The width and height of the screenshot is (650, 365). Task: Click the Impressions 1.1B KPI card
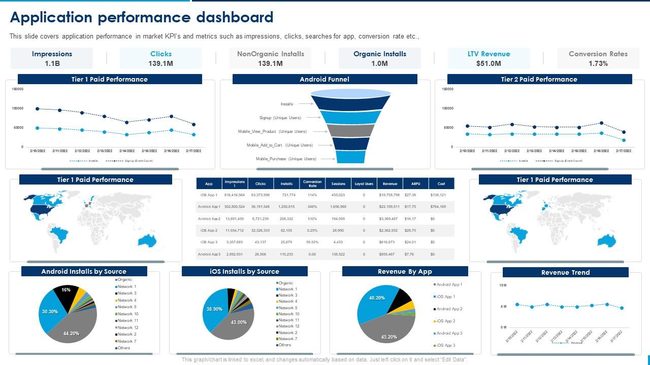pyautogui.click(x=52, y=58)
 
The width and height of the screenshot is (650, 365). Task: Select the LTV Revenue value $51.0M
pyautogui.click(x=489, y=63)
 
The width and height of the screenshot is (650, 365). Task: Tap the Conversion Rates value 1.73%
pyautogui.click(x=598, y=63)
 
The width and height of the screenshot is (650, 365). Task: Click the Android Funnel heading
pyautogui.click(x=324, y=79)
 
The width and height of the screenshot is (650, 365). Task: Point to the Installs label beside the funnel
pyautogui.click(x=287, y=104)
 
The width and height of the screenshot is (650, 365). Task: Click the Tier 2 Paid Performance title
pyautogui.click(x=539, y=79)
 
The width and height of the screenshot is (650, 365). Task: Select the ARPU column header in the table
pyautogui.click(x=415, y=184)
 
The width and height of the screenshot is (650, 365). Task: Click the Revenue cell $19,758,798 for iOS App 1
pyautogui.click(x=389, y=195)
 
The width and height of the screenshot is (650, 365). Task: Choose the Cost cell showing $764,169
pyautogui.click(x=438, y=207)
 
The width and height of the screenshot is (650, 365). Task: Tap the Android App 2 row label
pyautogui.click(x=209, y=218)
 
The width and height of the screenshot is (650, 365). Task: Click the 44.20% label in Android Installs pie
pyautogui.click(x=71, y=334)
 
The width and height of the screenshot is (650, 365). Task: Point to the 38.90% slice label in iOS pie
pyautogui.click(x=214, y=309)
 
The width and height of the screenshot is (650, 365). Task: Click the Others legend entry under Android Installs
pyautogui.click(x=124, y=348)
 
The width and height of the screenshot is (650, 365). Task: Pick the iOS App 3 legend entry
pyautogui.click(x=446, y=345)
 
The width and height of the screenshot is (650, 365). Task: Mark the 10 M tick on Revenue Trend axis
pyautogui.click(x=503, y=285)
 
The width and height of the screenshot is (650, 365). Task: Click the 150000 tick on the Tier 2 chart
pyautogui.click(x=447, y=89)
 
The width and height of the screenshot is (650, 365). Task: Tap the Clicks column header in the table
pyautogui.click(x=261, y=184)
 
